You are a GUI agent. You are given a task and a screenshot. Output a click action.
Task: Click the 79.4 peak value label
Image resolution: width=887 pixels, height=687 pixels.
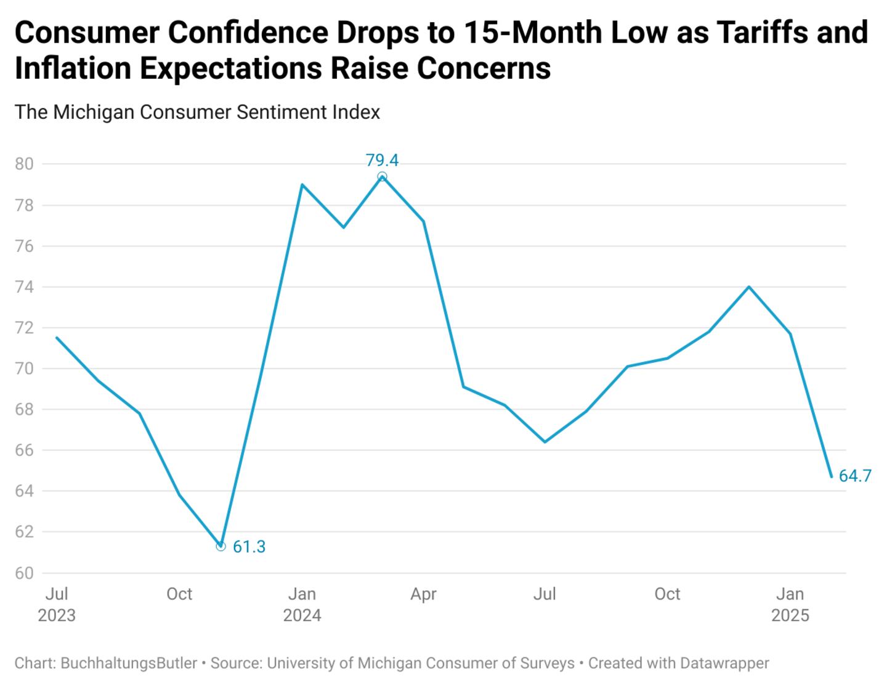tap(382, 160)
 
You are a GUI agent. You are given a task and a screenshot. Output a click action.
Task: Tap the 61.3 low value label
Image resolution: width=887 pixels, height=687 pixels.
tap(249, 547)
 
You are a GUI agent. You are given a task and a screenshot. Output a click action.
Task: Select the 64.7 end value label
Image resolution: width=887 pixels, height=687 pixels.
tap(855, 476)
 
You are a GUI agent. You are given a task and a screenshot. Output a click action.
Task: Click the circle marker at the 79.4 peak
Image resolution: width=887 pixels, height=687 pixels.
tap(382, 177)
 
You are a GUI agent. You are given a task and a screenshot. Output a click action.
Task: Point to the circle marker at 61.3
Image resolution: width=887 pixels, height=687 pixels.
tap(221, 546)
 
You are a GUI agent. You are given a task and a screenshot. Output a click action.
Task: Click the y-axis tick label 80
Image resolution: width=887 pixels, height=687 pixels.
tap(24, 164)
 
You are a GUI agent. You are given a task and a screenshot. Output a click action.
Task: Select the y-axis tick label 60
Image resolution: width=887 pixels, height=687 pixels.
tap(24, 573)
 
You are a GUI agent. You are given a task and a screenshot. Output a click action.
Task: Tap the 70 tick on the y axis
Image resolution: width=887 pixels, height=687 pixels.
tap(24, 368)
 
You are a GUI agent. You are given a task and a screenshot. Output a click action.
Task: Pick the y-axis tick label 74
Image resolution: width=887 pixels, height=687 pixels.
tap(24, 287)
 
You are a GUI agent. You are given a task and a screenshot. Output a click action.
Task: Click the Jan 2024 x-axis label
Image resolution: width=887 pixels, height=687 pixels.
tap(302, 604)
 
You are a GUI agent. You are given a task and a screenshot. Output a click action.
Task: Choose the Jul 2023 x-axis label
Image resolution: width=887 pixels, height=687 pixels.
tap(57, 604)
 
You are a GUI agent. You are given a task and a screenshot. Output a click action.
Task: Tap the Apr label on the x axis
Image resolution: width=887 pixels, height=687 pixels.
tap(424, 594)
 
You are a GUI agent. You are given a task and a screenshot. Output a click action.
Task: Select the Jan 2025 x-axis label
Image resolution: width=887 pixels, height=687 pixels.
tap(790, 604)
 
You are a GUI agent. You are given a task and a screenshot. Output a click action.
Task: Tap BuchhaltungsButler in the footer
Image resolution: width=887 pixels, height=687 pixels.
tap(129, 663)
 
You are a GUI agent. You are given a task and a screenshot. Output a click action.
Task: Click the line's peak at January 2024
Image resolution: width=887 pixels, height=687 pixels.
tap(302, 184)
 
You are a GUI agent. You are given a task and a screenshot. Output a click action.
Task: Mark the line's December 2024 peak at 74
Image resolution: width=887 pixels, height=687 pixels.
tap(748, 287)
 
